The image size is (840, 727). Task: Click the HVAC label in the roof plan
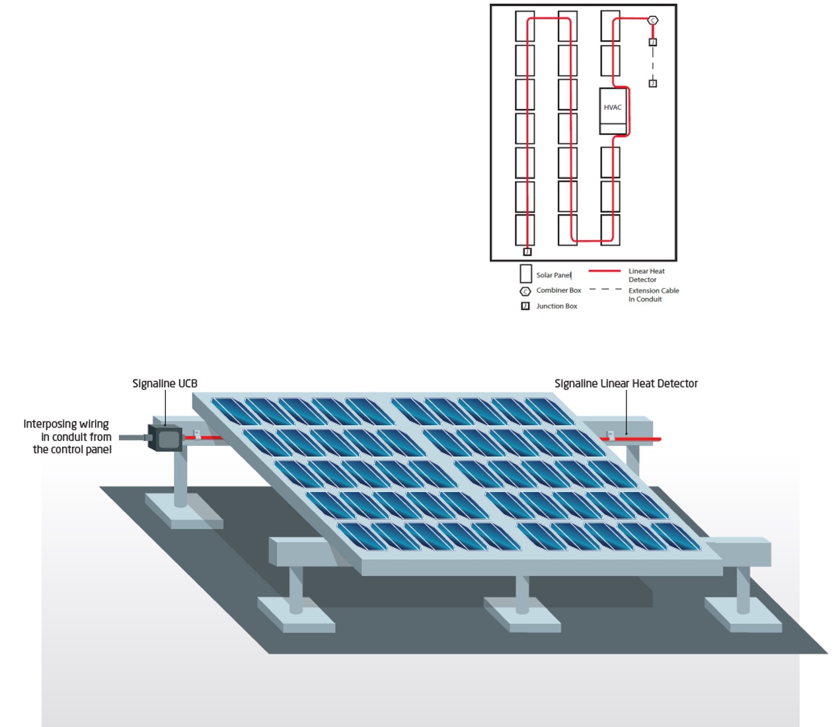point(613,108)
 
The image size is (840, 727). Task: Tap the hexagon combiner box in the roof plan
point(652,20)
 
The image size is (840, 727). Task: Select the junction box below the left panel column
point(527,252)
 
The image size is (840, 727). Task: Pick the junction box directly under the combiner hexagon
point(652,42)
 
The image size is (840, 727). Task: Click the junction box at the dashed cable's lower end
point(652,83)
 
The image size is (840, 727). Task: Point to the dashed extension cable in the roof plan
point(652,63)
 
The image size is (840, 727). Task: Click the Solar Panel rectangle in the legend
point(526,274)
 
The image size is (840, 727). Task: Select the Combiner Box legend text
point(558,290)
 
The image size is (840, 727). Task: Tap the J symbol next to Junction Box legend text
point(525,306)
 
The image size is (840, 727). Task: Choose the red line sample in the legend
point(604,271)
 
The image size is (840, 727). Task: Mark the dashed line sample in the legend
point(605,289)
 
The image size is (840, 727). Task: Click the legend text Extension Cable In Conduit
point(653,295)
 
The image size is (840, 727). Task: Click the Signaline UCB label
point(165,383)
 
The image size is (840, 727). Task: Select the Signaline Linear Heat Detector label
point(626,383)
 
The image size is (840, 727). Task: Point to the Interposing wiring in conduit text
point(68,436)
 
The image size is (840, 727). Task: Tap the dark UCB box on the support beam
point(165,438)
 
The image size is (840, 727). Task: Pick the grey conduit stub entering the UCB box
point(132,437)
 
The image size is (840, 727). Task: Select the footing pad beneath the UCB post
point(183,512)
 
